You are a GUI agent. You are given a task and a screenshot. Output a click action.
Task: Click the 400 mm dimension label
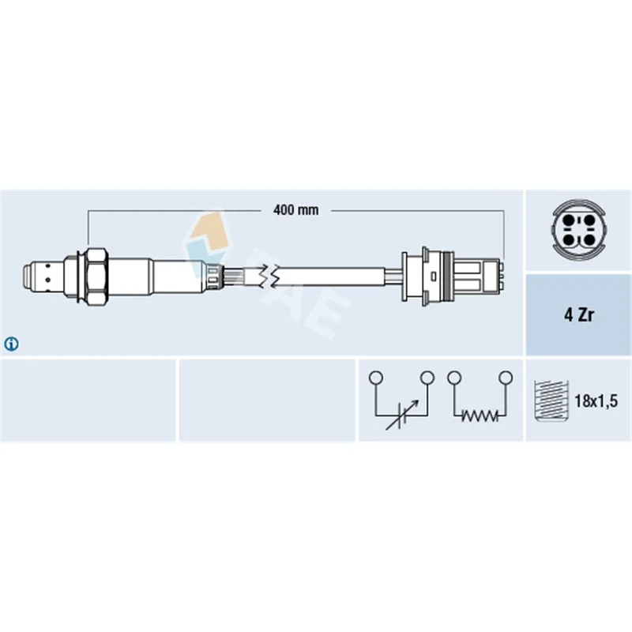pos(295,210)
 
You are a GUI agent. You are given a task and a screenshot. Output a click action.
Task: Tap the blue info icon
pos(11,344)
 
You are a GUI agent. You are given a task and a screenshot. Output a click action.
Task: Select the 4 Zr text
pos(578,315)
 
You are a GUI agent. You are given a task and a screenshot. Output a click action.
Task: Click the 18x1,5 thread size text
pos(596,401)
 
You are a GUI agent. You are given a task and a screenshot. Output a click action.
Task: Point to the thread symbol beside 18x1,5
pos(551,401)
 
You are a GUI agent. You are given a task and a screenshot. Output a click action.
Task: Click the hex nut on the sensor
pos(96,276)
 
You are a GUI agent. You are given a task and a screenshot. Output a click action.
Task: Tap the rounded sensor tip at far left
pos(27,276)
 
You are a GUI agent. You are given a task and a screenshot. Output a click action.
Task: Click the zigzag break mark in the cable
pos(269,276)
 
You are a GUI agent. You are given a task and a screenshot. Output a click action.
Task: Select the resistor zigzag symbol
pos(480,416)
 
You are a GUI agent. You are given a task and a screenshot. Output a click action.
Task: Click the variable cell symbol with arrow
pos(402,415)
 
